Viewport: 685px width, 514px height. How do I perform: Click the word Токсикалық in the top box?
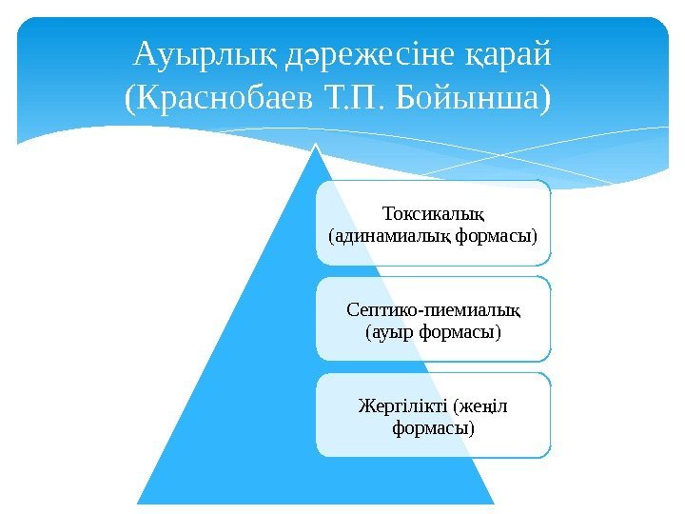[433, 210]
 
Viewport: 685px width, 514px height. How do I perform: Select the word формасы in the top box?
[493, 232]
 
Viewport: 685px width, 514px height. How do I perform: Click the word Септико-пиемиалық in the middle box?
[434, 310]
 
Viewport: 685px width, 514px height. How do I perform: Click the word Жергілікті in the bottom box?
[402, 407]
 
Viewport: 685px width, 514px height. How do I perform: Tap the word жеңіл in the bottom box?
[483, 407]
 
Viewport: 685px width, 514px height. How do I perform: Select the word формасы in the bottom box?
[432, 429]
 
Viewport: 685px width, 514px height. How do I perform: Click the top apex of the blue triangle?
[315, 145]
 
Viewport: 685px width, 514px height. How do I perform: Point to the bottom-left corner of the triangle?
[139, 502]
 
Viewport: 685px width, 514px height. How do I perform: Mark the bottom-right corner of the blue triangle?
[493, 502]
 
